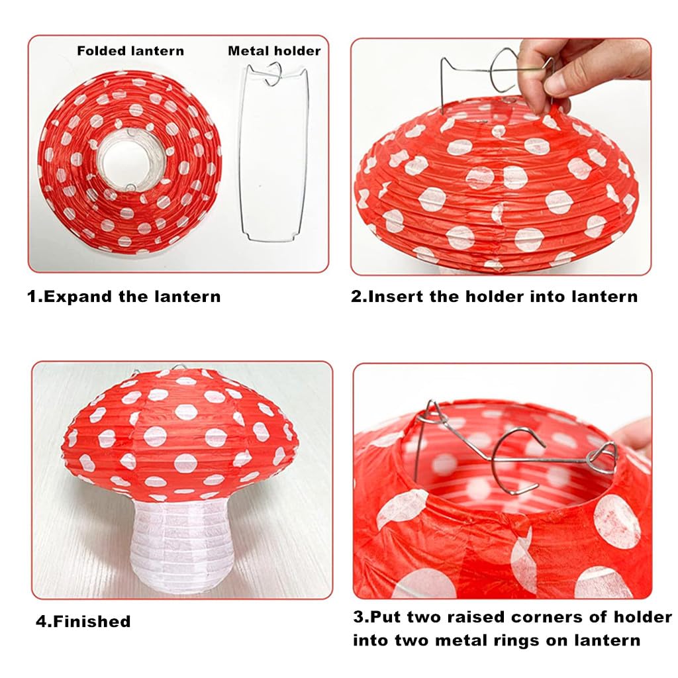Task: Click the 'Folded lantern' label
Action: pyautogui.click(x=130, y=51)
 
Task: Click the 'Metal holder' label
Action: pyautogui.click(x=274, y=51)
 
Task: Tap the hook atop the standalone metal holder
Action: pyautogui.click(x=273, y=75)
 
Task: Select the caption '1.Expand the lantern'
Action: pyautogui.click(x=124, y=296)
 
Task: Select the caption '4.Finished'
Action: pyautogui.click(x=83, y=622)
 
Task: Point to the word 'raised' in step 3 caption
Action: pyautogui.click(x=477, y=617)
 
